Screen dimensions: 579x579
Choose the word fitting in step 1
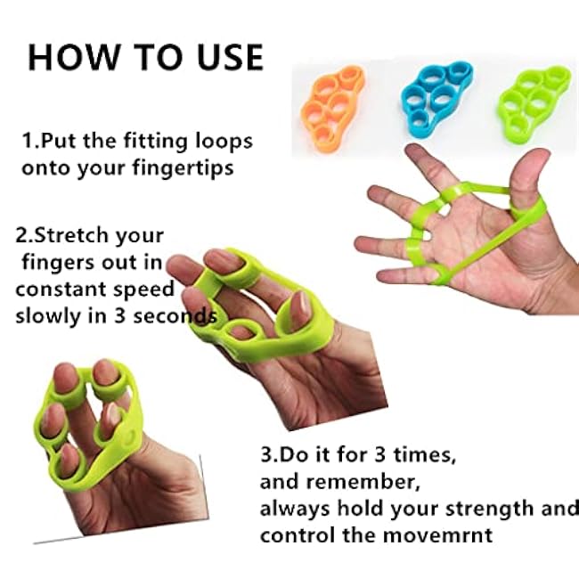155,141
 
